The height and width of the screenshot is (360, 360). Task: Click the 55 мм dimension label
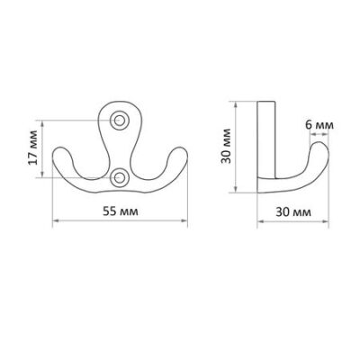click(x=121, y=211)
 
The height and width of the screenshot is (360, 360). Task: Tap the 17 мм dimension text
click(x=32, y=148)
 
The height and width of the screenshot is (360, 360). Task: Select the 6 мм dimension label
click(x=319, y=124)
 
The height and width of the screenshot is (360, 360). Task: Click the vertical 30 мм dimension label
click(x=226, y=146)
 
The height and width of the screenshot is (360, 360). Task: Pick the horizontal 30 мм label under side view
click(x=293, y=212)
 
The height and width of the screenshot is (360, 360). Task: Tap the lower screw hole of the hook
click(x=120, y=177)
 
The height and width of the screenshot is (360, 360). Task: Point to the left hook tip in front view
click(x=61, y=149)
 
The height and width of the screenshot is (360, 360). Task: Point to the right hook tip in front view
click(x=179, y=149)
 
